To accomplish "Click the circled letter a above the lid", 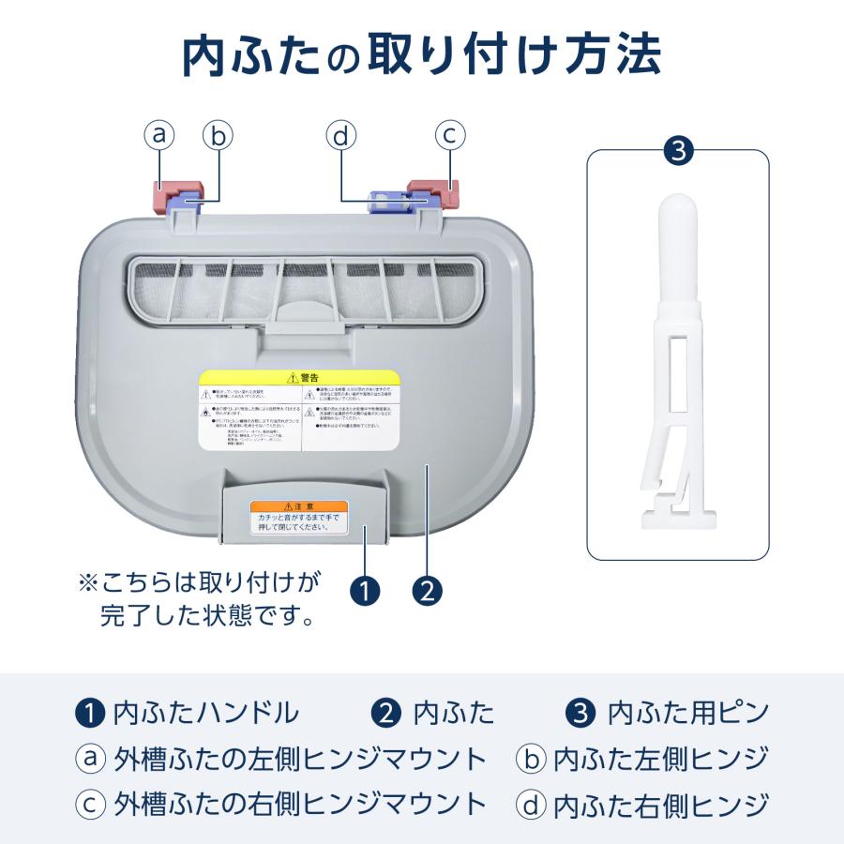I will point(159,135).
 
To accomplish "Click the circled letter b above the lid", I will point(218,136).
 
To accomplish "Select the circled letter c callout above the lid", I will point(450,135).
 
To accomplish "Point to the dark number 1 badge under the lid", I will point(364,591).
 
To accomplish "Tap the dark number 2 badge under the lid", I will point(427,591).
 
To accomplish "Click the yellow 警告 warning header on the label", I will point(299,377).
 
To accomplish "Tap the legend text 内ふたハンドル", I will point(204,714).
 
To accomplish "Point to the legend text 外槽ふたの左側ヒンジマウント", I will point(299,759).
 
